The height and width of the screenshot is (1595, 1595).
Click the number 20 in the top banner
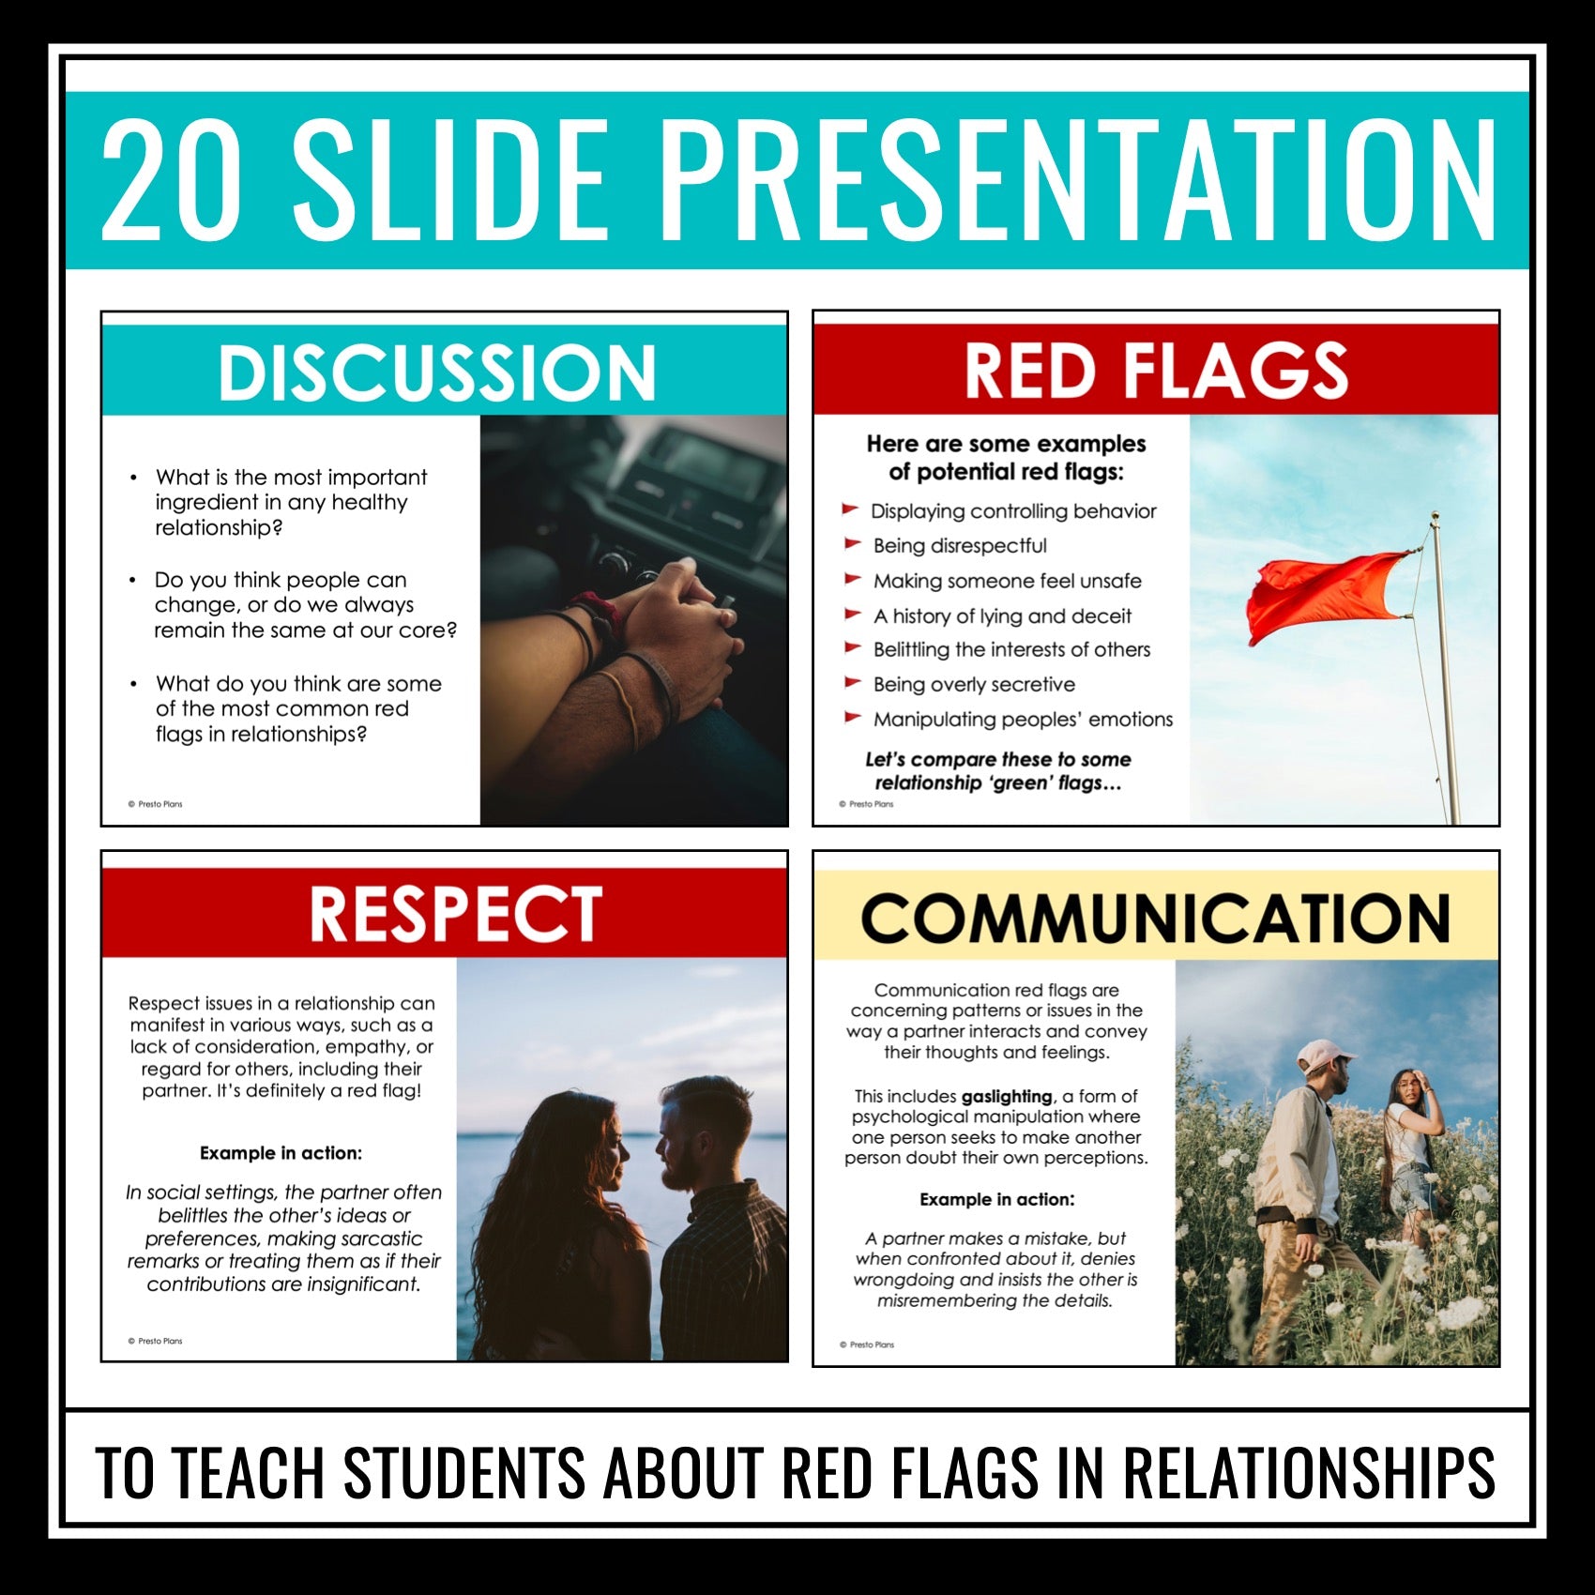[x=170, y=179]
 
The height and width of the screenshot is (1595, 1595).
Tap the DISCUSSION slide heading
[x=436, y=372]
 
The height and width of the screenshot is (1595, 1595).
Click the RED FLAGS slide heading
[x=1156, y=371]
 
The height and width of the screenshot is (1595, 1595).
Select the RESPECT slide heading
[x=456, y=913]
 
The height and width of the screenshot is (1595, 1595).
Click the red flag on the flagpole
[x=1328, y=597]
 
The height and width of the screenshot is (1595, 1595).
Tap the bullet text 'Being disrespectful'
[x=960, y=546]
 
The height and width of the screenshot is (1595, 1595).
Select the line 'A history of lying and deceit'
[x=1002, y=616]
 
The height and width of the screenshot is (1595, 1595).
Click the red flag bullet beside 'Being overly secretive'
[x=852, y=683]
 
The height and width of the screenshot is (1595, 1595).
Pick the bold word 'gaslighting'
[x=1007, y=1096]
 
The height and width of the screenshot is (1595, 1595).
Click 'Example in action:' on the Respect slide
[x=281, y=1153]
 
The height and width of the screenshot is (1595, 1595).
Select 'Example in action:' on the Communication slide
[x=996, y=1199]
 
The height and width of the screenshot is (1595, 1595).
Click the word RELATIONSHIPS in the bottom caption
[x=1309, y=1472]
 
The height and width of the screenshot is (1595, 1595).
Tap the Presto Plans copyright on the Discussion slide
[x=155, y=804]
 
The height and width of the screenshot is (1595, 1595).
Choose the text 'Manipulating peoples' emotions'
[x=1023, y=720]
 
